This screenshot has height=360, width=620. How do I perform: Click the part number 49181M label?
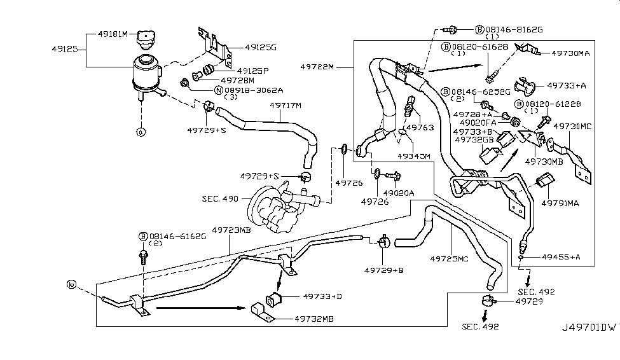click(x=112, y=33)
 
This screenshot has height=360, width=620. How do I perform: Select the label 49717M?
click(x=285, y=106)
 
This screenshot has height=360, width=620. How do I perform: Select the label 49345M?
click(x=413, y=156)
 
